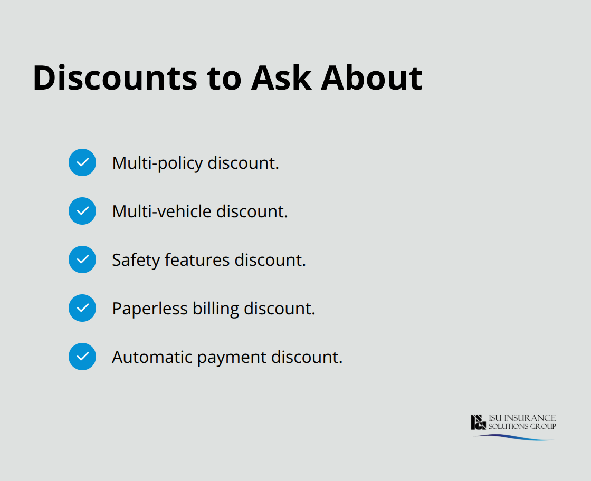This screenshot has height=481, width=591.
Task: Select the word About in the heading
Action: pyautogui.click(x=372, y=78)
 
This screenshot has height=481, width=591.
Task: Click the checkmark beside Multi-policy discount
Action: pyautogui.click(x=82, y=162)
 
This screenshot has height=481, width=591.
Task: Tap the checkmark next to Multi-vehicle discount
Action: pyautogui.click(x=82, y=211)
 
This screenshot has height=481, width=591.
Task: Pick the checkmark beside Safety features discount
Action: pyautogui.click(x=82, y=259)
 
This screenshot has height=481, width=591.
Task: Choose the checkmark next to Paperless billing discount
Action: pyautogui.click(x=82, y=308)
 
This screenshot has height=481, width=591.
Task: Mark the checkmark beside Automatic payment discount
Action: pyautogui.click(x=82, y=357)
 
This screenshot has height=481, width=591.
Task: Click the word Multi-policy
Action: pyautogui.click(x=157, y=163)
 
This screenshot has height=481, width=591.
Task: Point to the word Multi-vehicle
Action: pyautogui.click(x=161, y=211)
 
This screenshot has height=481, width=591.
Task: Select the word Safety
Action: pyautogui.click(x=136, y=260)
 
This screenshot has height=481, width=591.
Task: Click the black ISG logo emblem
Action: pyautogui.click(x=478, y=422)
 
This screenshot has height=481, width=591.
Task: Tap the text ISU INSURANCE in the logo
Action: pyautogui.click(x=521, y=418)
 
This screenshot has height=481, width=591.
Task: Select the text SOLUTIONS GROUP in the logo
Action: pyautogui.click(x=521, y=426)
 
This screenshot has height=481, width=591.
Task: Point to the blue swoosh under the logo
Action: pyautogui.click(x=514, y=437)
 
